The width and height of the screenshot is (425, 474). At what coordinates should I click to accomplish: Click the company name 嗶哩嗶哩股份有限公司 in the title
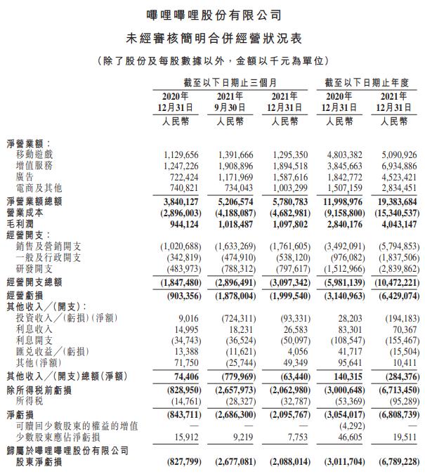[213, 14]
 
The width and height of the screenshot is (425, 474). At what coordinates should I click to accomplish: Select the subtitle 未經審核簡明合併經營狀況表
[213, 37]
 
